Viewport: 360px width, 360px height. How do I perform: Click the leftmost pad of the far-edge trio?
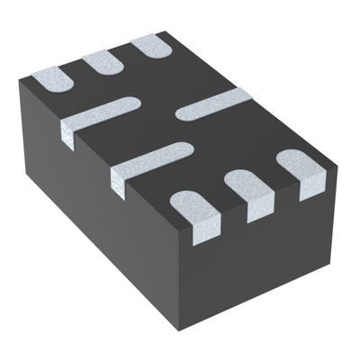click(x=52, y=79)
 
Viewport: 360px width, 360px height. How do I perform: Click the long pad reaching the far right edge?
click(x=212, y=104)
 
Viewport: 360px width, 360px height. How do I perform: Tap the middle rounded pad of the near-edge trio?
click(x=243, y=182)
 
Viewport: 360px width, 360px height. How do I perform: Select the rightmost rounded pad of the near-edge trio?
click(x=297, y=164)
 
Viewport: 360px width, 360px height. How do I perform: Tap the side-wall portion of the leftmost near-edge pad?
click(x=205, y=229)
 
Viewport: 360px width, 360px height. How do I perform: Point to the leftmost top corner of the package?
click(x=20, y=83)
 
